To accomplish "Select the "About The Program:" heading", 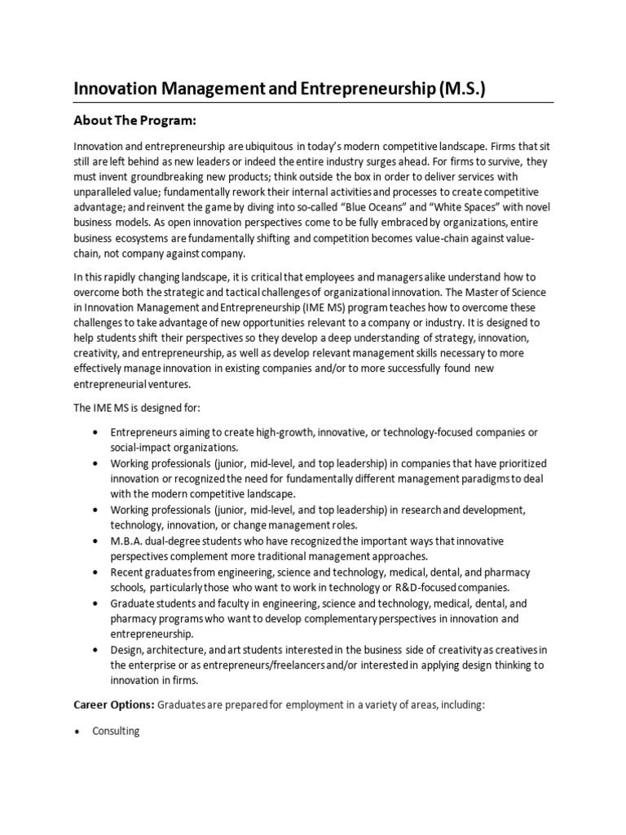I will [x=135, y=121].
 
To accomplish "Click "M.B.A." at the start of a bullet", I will [x=128, y=541].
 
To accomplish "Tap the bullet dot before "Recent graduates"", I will [x=97, y=572].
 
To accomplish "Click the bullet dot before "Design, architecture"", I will [x=97, y=649].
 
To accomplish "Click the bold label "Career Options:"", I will [x=113, y=705].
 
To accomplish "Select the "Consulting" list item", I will [x=116, y=731].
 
